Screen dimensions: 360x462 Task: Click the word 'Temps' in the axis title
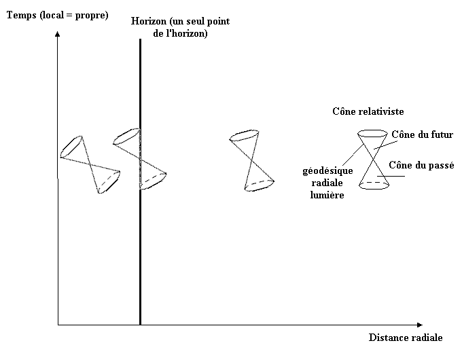[21, 14]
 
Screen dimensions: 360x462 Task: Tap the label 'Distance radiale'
[405, 338]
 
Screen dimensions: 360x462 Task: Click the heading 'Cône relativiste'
[369, 111]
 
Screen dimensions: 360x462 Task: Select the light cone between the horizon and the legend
[251, 162]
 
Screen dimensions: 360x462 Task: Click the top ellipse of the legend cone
[372, 134]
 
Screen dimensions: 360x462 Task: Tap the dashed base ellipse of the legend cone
[374, 183]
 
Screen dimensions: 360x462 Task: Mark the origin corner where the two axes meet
[58, 325]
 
